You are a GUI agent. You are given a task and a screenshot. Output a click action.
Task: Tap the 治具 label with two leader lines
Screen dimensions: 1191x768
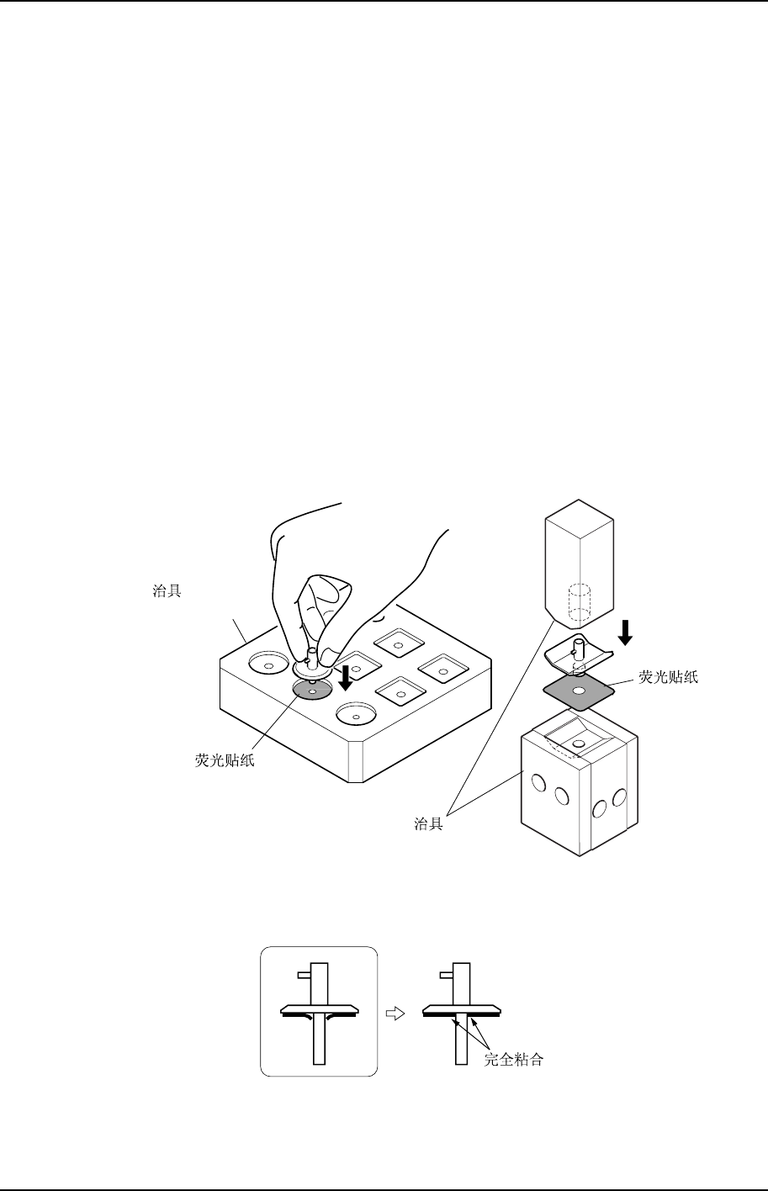[x=428, y=824]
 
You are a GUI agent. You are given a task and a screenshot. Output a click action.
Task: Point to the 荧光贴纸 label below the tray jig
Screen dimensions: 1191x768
[x=222, y=762]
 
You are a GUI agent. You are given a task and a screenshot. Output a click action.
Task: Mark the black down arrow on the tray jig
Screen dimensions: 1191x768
[x=345, y=675]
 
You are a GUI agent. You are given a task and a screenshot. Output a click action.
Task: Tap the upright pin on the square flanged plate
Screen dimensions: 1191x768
[x=578, y=648]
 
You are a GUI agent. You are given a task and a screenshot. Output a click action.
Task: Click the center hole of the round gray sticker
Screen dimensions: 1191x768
[x=312, y=691]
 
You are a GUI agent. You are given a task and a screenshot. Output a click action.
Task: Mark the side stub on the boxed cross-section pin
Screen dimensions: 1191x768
[x=305, y=975]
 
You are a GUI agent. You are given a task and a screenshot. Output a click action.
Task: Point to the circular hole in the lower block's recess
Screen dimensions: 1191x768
[x=579, y=744]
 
